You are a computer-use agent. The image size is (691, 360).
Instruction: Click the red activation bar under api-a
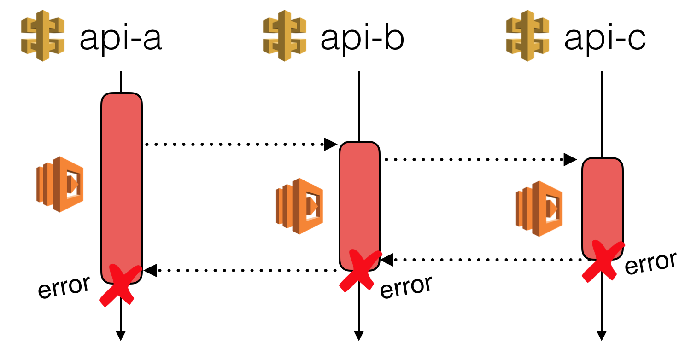[x=122, y=184]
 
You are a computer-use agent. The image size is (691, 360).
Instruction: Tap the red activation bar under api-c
[x=602, y=203]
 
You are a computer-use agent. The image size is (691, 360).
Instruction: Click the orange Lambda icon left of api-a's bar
[x=60, y=184]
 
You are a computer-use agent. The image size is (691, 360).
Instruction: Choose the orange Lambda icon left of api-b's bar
[x=299, y=206]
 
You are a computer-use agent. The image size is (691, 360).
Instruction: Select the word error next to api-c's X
[x=650, y=264]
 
